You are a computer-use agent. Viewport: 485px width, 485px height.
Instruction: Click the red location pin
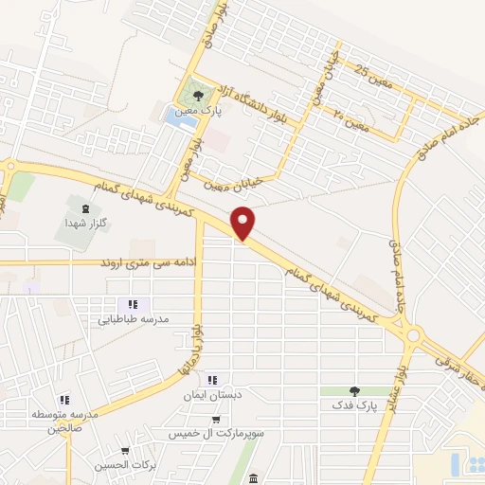tap(244, 222)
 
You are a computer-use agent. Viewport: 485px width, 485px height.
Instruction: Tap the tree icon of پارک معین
tap(197, 96)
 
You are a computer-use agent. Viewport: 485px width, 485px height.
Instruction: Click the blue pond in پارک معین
tap(176, 118)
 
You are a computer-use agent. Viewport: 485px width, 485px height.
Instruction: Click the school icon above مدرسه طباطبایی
tap(134, 304)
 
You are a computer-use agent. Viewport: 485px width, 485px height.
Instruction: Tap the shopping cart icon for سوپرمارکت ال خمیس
tap(216, 420)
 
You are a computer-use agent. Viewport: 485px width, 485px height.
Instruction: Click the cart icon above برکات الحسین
tap(125, 451)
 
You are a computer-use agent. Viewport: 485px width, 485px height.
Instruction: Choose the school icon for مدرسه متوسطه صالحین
tap(64, 401)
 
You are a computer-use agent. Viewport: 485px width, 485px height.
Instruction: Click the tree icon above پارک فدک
tap(354, 390)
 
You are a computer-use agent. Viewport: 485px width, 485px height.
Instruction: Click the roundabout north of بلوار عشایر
tap(414, 333)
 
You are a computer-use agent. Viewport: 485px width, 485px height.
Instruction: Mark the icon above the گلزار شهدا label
tap(86, 207)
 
